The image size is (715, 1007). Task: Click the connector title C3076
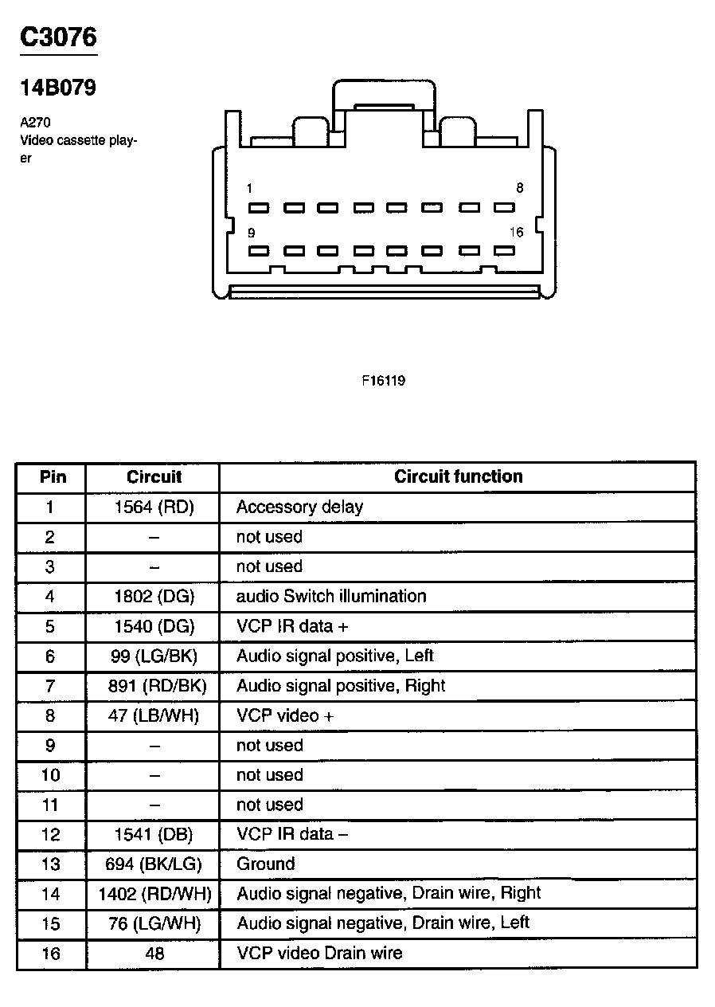click(x=58, y=37)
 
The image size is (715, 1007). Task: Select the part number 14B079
click(x=58, y=88)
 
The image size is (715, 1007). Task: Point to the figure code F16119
click(x=384, y=381)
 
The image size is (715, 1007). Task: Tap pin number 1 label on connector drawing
click(x=250, y=189)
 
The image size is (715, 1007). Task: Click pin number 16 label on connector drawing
click(x=517, y=233)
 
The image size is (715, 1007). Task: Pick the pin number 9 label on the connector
click(x=251, y=233)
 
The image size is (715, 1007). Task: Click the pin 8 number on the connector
click(x=519, y=189)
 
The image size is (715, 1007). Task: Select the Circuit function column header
click(x=459, y=477)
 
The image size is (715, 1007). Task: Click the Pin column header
click(x=53, y=477)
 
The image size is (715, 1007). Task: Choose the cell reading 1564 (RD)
click(x=154, y=507)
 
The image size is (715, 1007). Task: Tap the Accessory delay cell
click(x=299, y=507)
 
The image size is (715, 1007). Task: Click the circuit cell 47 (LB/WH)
click(x=154, y=715)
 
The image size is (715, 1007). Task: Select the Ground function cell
click(x=266, y=864)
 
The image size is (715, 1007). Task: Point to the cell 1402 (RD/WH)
click(x=154, y=894)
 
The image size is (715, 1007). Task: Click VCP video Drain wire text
click(x=319, y=953)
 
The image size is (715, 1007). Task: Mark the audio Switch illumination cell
click(x=331, y=596)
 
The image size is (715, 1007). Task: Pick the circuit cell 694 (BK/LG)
click(x=154, y=864)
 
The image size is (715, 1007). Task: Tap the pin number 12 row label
click(x=50, y=834)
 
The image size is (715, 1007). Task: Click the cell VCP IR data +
click(x=292, y=626)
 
